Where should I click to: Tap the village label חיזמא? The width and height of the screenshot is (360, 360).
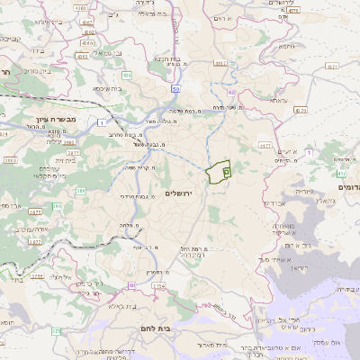click(287, 45)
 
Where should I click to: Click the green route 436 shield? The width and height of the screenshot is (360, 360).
click(127, 75)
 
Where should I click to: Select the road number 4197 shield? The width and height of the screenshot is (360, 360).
click(221, 63)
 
